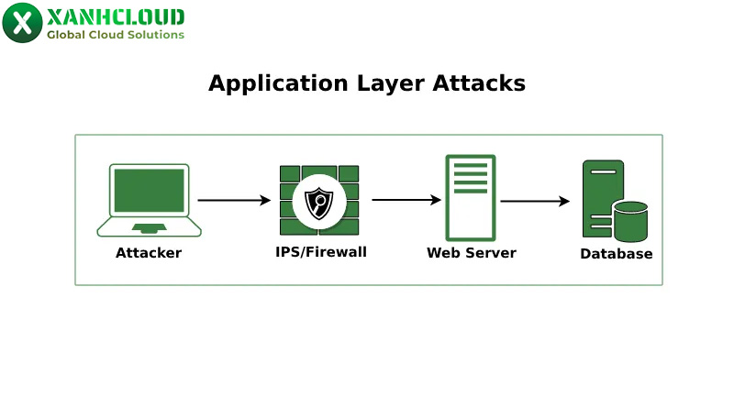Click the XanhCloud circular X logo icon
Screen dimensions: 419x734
(22, 23)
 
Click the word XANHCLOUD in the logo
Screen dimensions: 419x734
(115, 17)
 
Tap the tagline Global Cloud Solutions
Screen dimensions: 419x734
(116, 35)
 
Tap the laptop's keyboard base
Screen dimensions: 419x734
(149, 226)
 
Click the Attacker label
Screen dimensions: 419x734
(149, 253)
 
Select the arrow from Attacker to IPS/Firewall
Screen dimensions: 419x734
(234, 200)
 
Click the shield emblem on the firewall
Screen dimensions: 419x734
(319, 202)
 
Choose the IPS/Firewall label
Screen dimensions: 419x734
(320, 252)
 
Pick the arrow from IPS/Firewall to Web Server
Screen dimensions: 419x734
(406, 200)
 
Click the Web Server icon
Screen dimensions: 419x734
(471, 197)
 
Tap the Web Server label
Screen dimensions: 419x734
(471, 253)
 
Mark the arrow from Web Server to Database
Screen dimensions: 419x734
(535, 201)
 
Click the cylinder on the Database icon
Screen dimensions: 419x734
(630, 220)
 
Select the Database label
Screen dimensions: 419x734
(616, 254)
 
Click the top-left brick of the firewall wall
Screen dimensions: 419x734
(290, 173)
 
